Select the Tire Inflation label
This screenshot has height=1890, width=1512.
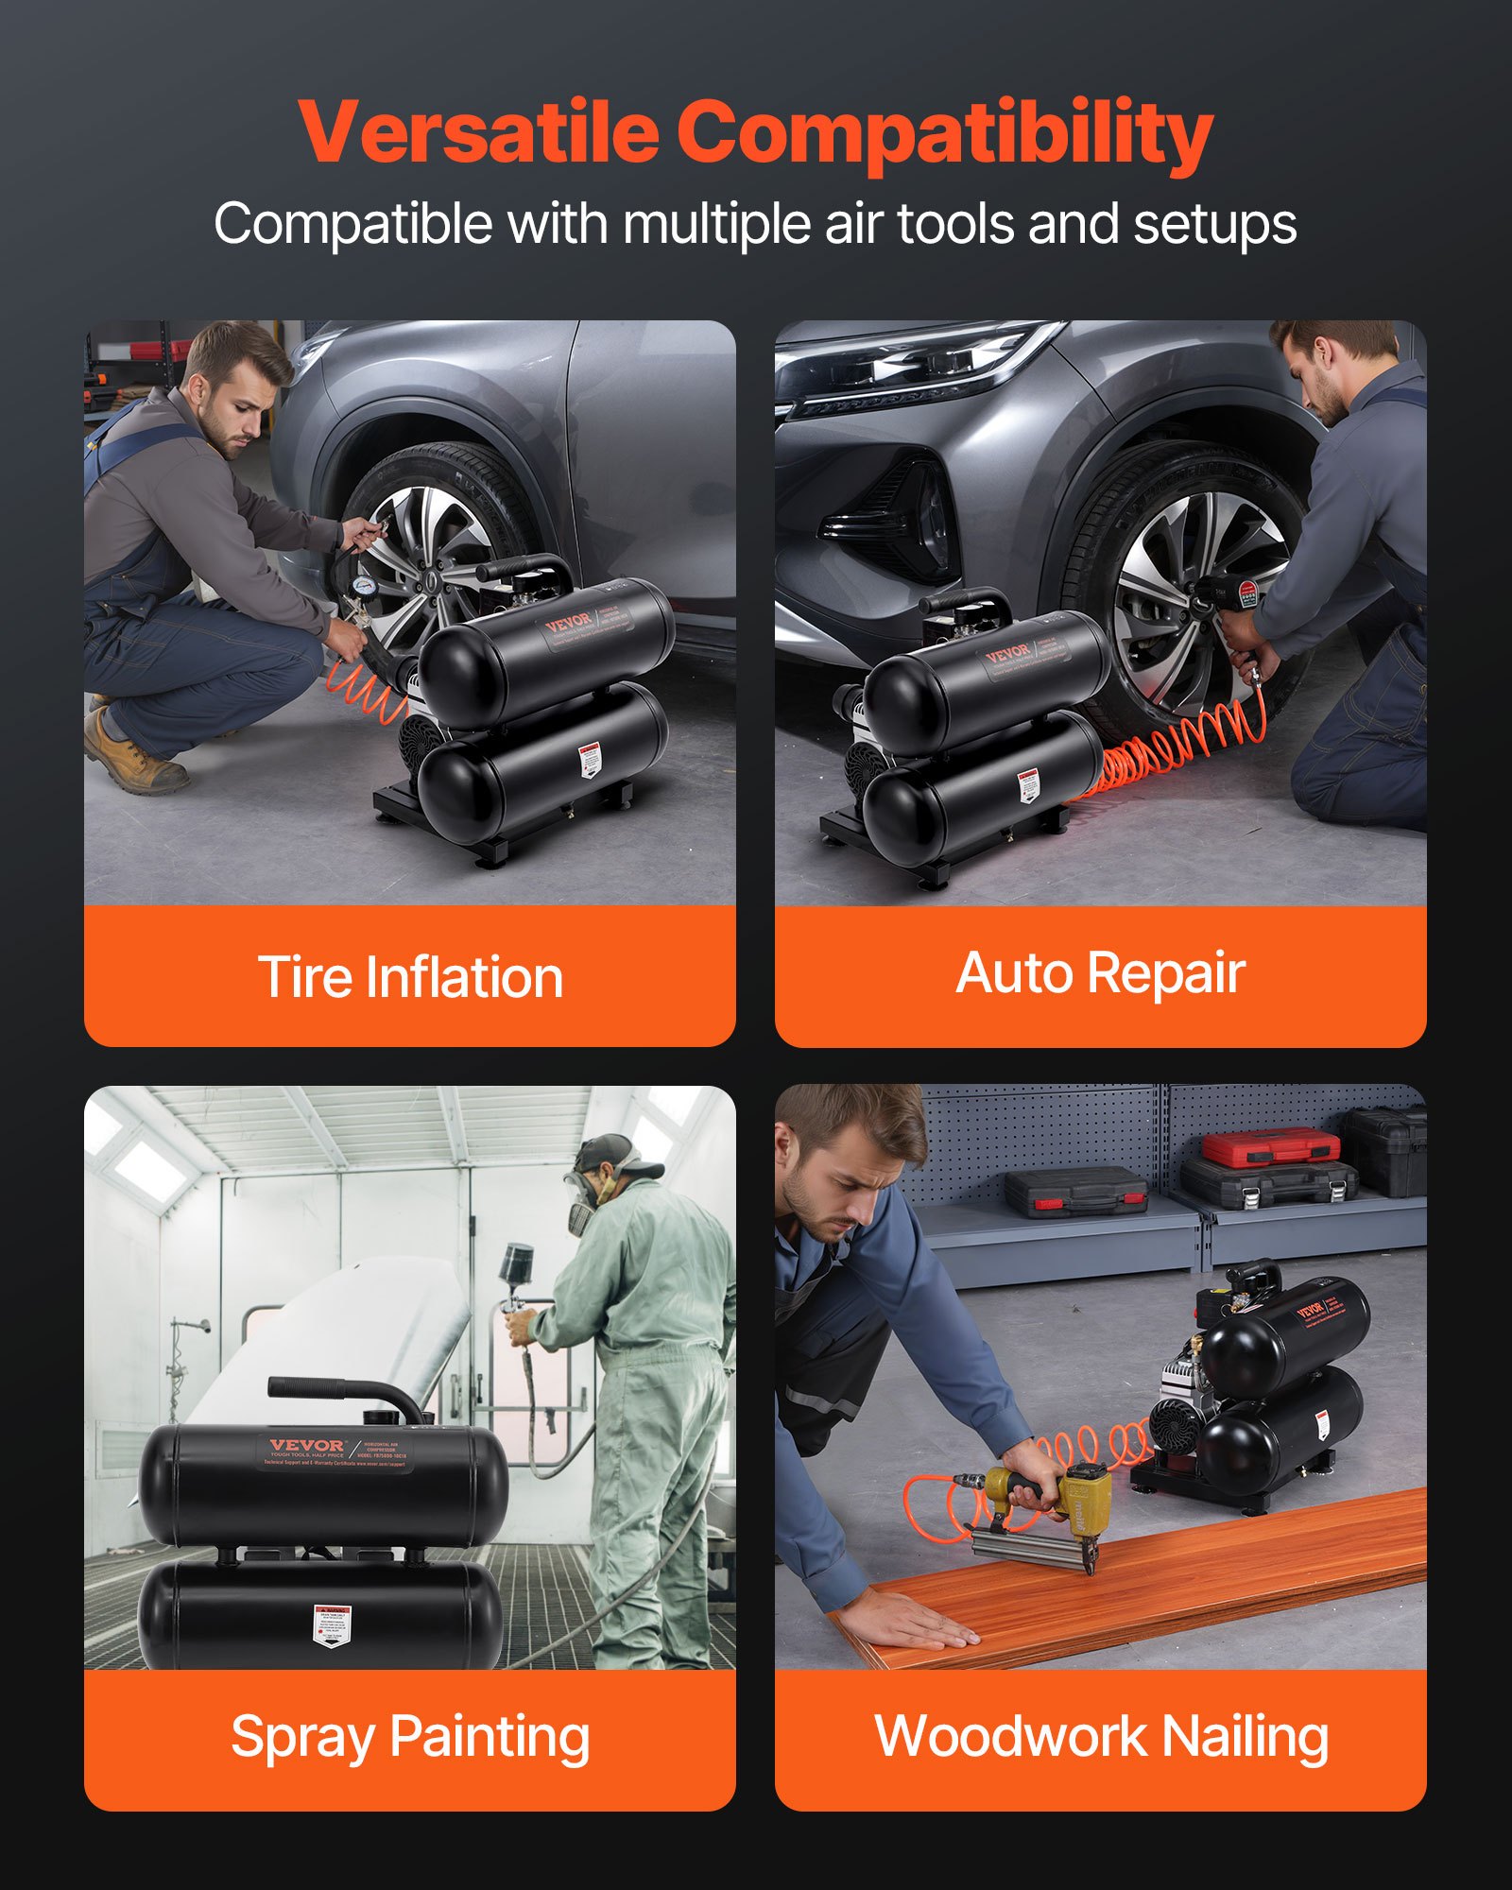tap(410, 976)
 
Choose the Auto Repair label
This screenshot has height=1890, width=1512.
tap(1100, 973)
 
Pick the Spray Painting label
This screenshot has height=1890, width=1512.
tap(410, 1737)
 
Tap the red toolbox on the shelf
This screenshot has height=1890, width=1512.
tap(1271, 1148)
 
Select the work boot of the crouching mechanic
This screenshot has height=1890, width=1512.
tap(132, 756)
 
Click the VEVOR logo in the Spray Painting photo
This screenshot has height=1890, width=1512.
tap(307, 1445)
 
